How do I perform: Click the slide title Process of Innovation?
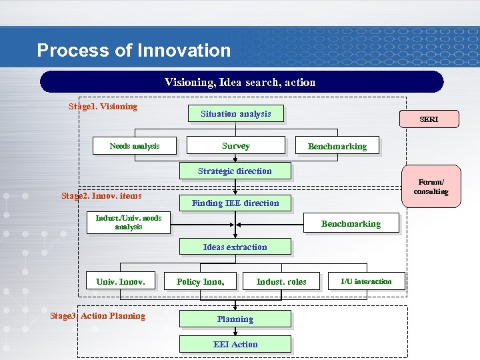(133, 51)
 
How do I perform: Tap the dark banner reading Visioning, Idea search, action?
(241, 82)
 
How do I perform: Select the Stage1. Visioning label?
(103, 107)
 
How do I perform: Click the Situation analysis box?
(235, 114)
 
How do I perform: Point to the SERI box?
(429, 119)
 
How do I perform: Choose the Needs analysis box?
(135, 146)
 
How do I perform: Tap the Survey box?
(235, 146)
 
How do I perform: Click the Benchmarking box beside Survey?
(337, 147)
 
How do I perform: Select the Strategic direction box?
(235, 171)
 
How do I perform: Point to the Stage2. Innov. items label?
(101, 196)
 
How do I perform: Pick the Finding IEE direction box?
(235, 203)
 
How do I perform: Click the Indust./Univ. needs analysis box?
(128, 223)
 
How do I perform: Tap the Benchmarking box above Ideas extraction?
(351, 224)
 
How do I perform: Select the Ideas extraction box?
(235, 247)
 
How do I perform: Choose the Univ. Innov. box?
(121, 282)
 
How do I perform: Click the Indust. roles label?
(281, 282)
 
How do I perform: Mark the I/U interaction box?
(366, 281)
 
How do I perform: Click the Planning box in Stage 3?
(235, 319)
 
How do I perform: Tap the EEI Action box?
(235, 345)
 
